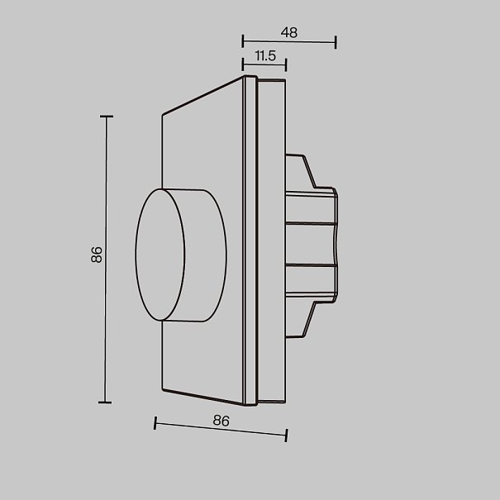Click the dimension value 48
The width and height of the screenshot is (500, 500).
click(289, 32)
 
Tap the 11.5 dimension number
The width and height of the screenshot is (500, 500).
click(265, 56)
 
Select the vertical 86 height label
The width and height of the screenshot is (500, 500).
click(97, 255)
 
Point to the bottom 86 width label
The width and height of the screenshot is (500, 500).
click(221, 421)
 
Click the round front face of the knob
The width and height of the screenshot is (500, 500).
click(160, 255)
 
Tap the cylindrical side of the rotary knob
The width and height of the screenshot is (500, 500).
click(206, 255)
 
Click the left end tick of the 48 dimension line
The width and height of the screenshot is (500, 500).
click(243, 41)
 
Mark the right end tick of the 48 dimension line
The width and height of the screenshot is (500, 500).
click(336, 42)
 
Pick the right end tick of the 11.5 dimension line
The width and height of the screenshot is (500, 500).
click(286, 64)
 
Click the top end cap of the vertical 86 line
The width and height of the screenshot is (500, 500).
click(107, 117)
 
